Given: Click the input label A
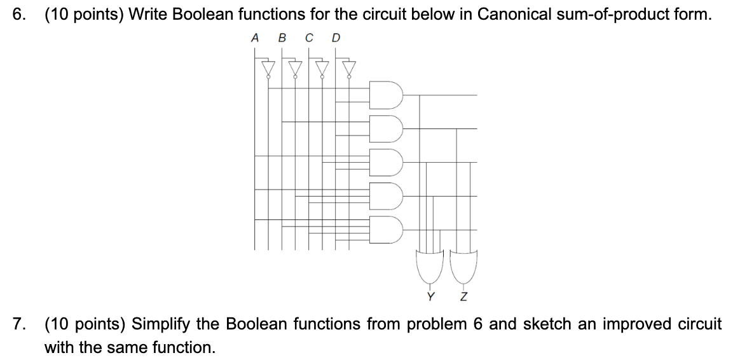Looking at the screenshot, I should [x=255, y=38].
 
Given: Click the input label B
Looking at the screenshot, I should [x=282, y=38].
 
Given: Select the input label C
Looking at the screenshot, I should [x=308, y=38].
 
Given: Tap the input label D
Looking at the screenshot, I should [x=336, y=38].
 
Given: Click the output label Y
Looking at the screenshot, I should [x=431, y=296].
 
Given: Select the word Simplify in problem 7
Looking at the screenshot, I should [x=161, y=324].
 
